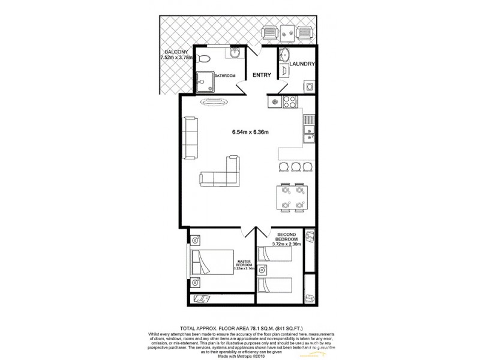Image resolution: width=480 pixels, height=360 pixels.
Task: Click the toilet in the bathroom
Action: (205, 59)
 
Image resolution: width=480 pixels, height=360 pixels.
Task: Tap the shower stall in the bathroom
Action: (206, 79)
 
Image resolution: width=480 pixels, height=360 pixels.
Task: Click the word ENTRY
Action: (262, 75)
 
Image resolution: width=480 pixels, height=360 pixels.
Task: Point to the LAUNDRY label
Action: (302, 64)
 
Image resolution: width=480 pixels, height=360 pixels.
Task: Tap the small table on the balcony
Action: (289, 32)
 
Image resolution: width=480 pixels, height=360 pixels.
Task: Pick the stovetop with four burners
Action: (288, 101)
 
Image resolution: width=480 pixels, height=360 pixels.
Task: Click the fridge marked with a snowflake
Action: (274, 101)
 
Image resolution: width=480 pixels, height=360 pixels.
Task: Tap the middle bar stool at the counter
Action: (295, 167)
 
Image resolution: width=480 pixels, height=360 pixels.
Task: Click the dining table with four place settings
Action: (292, 198)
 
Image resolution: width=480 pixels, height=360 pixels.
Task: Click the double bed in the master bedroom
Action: (212, 262)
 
